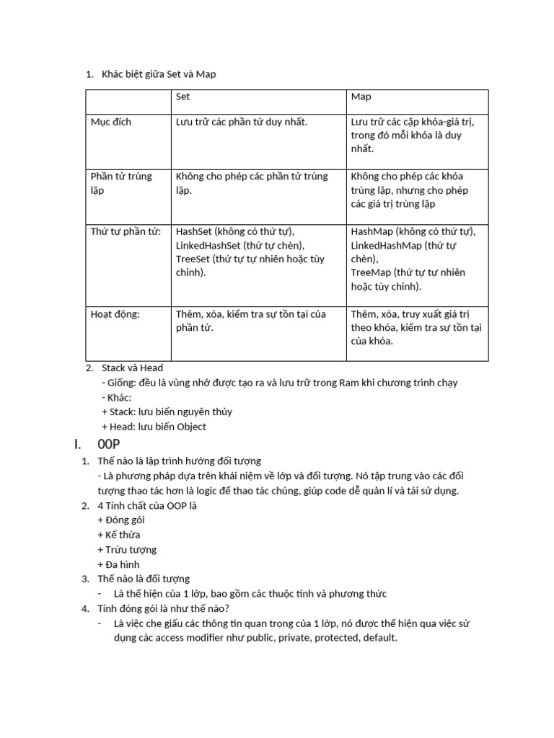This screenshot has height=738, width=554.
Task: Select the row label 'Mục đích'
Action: (x=111, y=122)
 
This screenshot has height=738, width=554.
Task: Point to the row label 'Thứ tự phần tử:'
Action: (x=126, y=231)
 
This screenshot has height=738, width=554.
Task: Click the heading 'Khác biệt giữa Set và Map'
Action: (x=159, y=74)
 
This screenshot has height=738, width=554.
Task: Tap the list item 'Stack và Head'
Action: (x=133, y=368)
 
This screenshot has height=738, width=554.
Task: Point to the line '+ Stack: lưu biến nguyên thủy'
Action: (x=167, y=412)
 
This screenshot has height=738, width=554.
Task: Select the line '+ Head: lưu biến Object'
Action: (x=154, y=427)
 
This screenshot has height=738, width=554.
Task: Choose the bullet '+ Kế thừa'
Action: (x=118, y=535)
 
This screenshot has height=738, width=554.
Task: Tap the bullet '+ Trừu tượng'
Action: (x=126, y=550)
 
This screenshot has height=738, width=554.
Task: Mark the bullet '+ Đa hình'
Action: (x=118, y=564)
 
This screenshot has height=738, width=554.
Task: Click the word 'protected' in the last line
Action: (x=336, y=639)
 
